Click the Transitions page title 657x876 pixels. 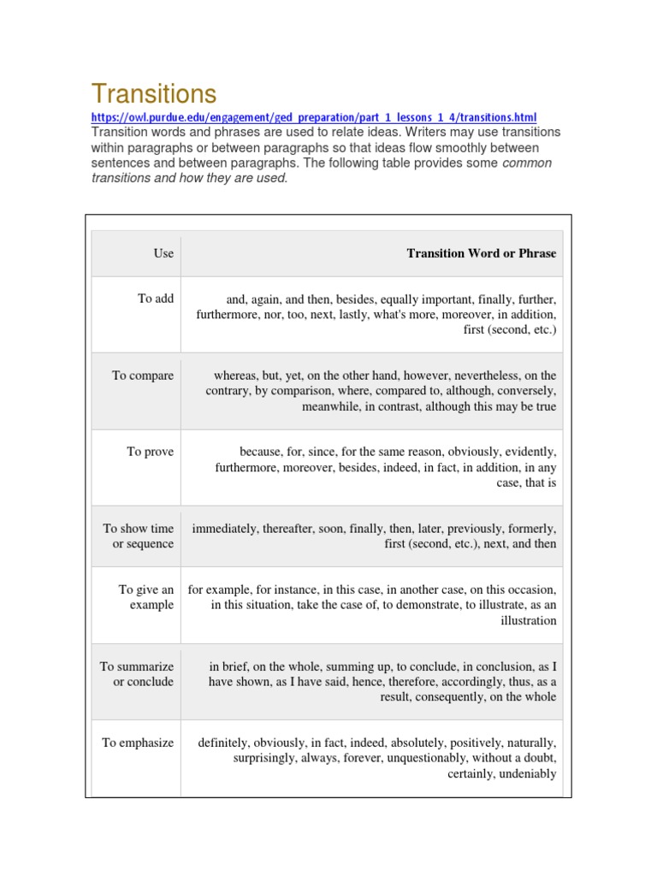[154, 93]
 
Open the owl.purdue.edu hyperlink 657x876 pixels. [314, 117]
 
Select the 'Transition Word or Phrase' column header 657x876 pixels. [481, 253]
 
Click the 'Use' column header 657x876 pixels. [163, 253]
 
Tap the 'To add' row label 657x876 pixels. [156, 299]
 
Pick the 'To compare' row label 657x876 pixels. [143, 376]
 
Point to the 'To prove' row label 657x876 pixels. [151, 452]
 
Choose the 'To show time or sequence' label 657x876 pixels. [139, 536]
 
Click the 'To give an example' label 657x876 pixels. [145, 597]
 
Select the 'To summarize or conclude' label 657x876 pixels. [137, 674]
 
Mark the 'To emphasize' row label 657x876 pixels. [138, 743]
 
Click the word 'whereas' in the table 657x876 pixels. [235, 376]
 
